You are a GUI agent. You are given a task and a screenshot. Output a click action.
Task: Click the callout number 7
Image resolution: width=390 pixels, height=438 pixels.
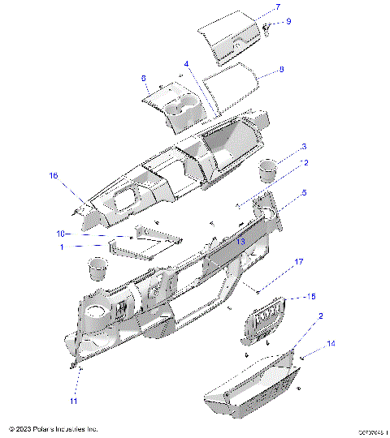pyautogui.click(x=277, y=7)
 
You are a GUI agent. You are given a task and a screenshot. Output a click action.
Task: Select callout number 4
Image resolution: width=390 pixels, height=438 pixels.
pyautogui.click(x=185, y=63)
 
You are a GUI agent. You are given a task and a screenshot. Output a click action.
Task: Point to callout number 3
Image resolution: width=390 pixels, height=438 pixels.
pyautogui.click(x=304, y=147)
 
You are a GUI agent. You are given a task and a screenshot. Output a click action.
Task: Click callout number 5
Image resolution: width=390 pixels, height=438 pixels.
pyautogui.click(x=305, y=193)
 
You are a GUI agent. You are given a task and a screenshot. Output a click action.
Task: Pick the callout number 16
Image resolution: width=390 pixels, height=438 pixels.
pyautogui.click(x=54, y=175)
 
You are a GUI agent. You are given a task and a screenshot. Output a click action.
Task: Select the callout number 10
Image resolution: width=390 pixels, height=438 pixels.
pyautogui.click(x=59, y=234)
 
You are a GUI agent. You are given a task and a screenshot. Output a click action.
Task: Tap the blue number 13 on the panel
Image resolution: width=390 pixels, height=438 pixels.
pyautogui.click(x=240, y=242)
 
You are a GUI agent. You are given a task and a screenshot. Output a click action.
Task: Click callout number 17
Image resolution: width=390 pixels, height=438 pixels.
pyautogui.click(x=299, y=262)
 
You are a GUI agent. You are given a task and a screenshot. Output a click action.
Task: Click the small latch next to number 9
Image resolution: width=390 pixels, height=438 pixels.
pyautogui.click(x=266, y=28)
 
